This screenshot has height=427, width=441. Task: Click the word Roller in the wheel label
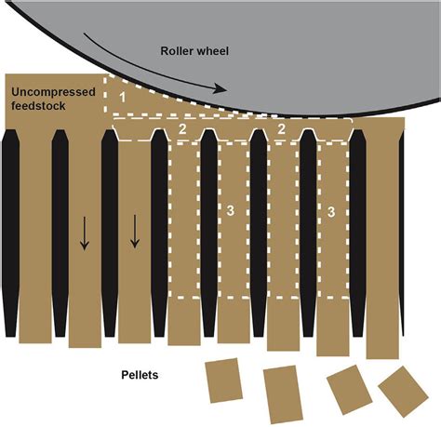pos(177,51)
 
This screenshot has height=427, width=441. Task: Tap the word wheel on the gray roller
pos(213,51)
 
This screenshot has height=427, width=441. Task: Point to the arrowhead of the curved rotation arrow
pos(220,89)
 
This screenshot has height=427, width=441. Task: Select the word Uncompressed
pos(53,92)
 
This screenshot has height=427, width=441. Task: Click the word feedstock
pos(38,106)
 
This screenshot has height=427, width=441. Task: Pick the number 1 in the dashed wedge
pos(123,98)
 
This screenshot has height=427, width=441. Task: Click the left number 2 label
pos(182,129)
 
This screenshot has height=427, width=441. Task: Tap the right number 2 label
pos(281,129)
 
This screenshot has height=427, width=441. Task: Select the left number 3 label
pos(230,210)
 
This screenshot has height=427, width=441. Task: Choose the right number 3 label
pos(331,212)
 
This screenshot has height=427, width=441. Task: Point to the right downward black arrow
pos(134,232)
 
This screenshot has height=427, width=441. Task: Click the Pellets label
pos(140,375)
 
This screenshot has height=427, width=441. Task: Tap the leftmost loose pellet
pos(224,380)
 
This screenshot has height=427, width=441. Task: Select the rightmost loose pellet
pos(403,392)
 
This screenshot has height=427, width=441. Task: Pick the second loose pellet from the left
pos(283,394)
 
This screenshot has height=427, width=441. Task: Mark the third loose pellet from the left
pos(350,390)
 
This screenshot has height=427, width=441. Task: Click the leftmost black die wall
pos(10,234)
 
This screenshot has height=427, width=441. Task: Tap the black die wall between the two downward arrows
pos(110,234)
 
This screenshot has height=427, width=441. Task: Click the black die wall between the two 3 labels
pos(259,234)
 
